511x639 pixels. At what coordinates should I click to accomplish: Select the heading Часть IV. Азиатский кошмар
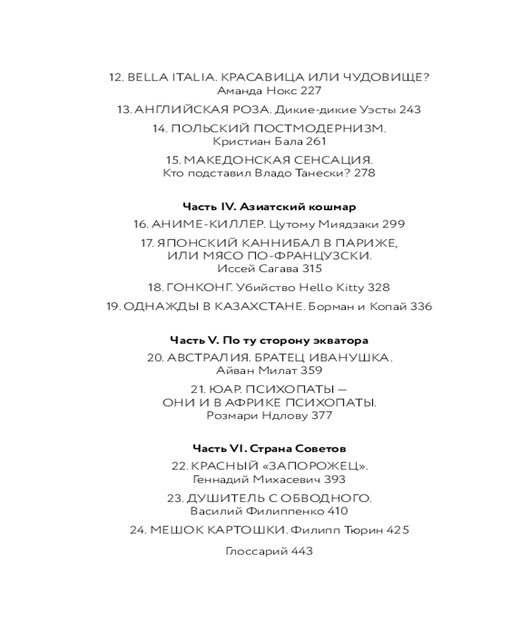coord(269,207)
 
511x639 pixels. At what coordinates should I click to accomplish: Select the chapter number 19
coord(113,306)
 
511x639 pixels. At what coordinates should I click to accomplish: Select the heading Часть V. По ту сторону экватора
coord(269,340)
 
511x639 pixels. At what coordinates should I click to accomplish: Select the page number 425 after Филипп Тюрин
coord(397,530)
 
